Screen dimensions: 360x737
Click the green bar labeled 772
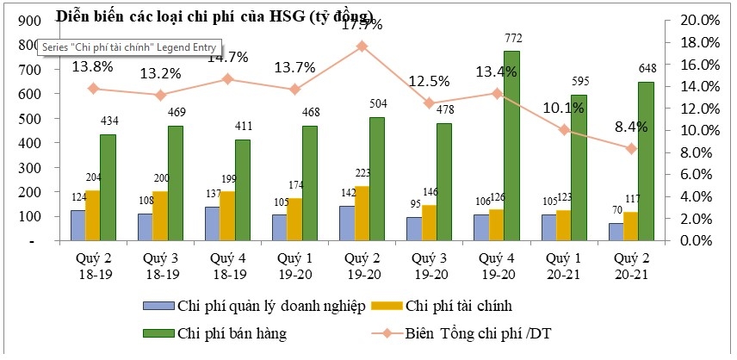pos(511,146)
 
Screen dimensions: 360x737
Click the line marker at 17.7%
pos(362,46)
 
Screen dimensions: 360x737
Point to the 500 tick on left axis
pos(27,130)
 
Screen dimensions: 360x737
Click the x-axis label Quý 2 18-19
pos(92,265)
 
